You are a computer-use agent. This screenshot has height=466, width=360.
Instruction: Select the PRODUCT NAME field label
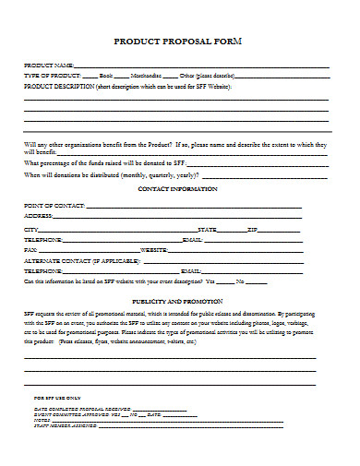pyautogui.click(x=48, y=66)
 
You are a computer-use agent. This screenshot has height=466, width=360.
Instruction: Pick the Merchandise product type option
pyautogui.click(x=145, y=76)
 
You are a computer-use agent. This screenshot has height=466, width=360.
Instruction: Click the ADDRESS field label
pyautogui.click(x=40, y=216)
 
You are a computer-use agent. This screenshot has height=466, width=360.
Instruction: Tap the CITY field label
pyautogui.click(x=31, y=228)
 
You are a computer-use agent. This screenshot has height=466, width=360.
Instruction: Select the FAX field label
pyautogui.click(x=30, y=249)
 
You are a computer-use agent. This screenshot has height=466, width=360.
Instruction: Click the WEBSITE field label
pyautogui.click(x=153, y=249)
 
